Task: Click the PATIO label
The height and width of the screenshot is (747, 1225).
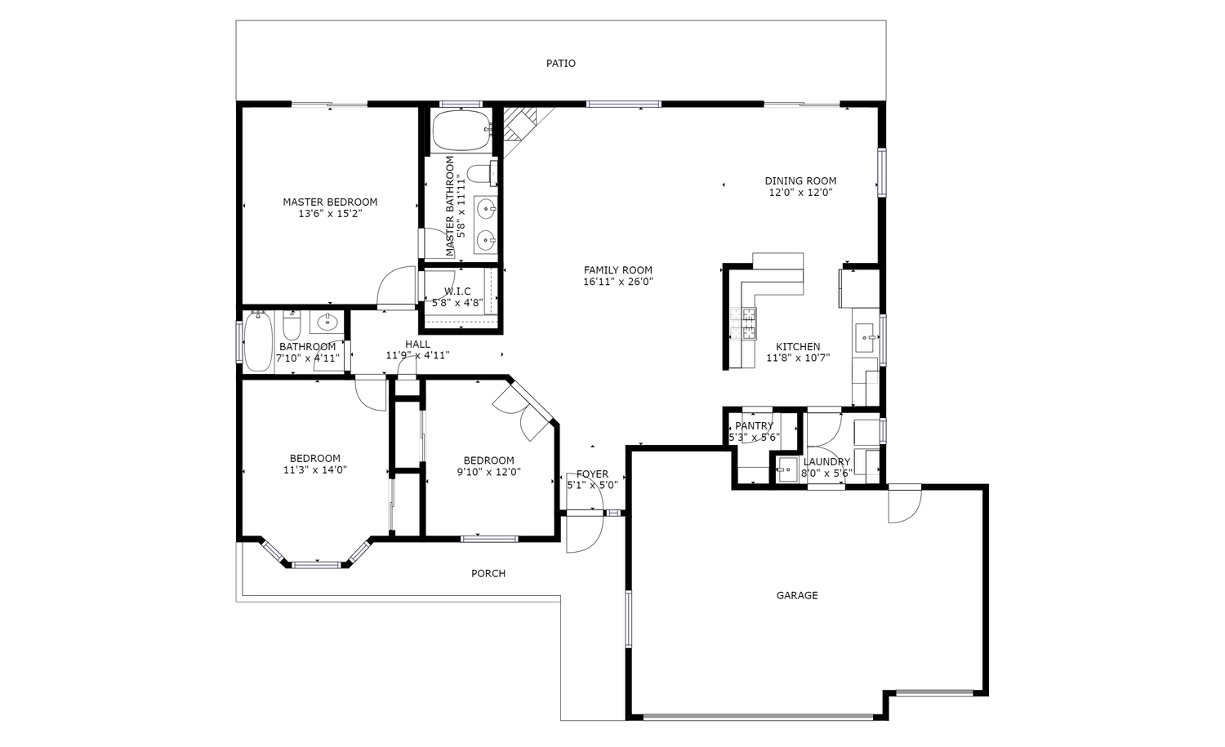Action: click(x=560, y=64)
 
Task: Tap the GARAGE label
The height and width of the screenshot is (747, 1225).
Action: click(x=797, y=595)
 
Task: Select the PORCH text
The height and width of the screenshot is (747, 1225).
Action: click(x=488, y=574)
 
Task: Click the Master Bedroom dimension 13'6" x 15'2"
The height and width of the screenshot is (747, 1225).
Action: click(x=330, y=214)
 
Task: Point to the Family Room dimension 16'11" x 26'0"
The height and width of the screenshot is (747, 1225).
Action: click(x=618, y=282)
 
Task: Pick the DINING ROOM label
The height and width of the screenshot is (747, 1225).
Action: click(x=800, y=181)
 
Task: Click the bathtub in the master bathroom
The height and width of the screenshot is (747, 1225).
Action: click(x=461, y=130)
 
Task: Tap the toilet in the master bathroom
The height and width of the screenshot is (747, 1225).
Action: click(x=482, y=173)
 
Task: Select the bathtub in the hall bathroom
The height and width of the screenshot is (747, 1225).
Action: click(x=257, y=342)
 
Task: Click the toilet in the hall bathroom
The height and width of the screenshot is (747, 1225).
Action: click(x=292, y=325)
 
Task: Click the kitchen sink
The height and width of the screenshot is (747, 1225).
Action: click(x=866, y=338)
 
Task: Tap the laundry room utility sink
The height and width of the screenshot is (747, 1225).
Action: click(x=787, y=469)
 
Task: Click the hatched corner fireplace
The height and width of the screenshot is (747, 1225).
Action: click(x=519, y=124)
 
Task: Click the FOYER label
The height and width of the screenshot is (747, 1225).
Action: click(x=592, y=474)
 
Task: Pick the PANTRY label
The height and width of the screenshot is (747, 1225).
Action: click(x=754, y=426)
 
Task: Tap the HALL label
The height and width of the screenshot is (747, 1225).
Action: click(x=417, y=345)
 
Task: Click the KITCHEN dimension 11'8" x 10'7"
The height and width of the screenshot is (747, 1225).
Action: click(x=798, y=358)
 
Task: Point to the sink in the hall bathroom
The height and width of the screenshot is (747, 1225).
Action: click(x=327, y=322)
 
